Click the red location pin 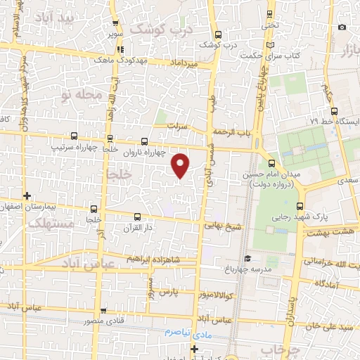coord(181,166)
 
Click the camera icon coord(342,27)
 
